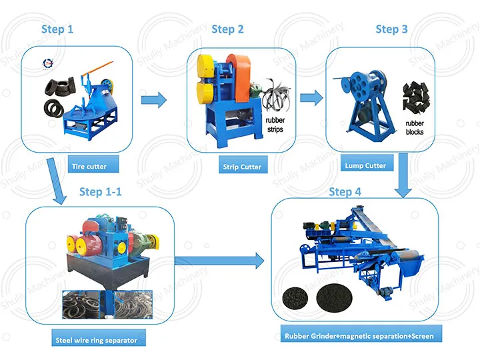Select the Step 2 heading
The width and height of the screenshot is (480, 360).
pos(227,29)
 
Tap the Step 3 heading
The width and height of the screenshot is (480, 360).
pos(391,29)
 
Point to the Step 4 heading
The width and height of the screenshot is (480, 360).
pos(345,192)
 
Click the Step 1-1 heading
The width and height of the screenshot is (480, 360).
pos(101,192)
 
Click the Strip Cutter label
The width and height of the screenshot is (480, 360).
pos(241,167)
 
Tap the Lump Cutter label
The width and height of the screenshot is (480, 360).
pos(365,165)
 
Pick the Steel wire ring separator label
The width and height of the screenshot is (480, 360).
pos(96,340)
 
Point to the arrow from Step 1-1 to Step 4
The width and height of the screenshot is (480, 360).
pos(220,261)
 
